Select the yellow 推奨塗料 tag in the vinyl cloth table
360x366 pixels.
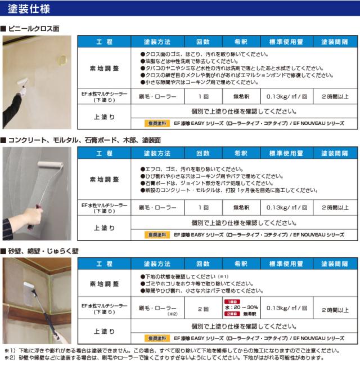(157, 122)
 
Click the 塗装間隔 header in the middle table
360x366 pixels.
(335, 153)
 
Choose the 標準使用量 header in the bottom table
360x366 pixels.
(286, 264)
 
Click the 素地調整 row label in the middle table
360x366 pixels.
(104, 179)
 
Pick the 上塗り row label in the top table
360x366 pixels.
(104, 117)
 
